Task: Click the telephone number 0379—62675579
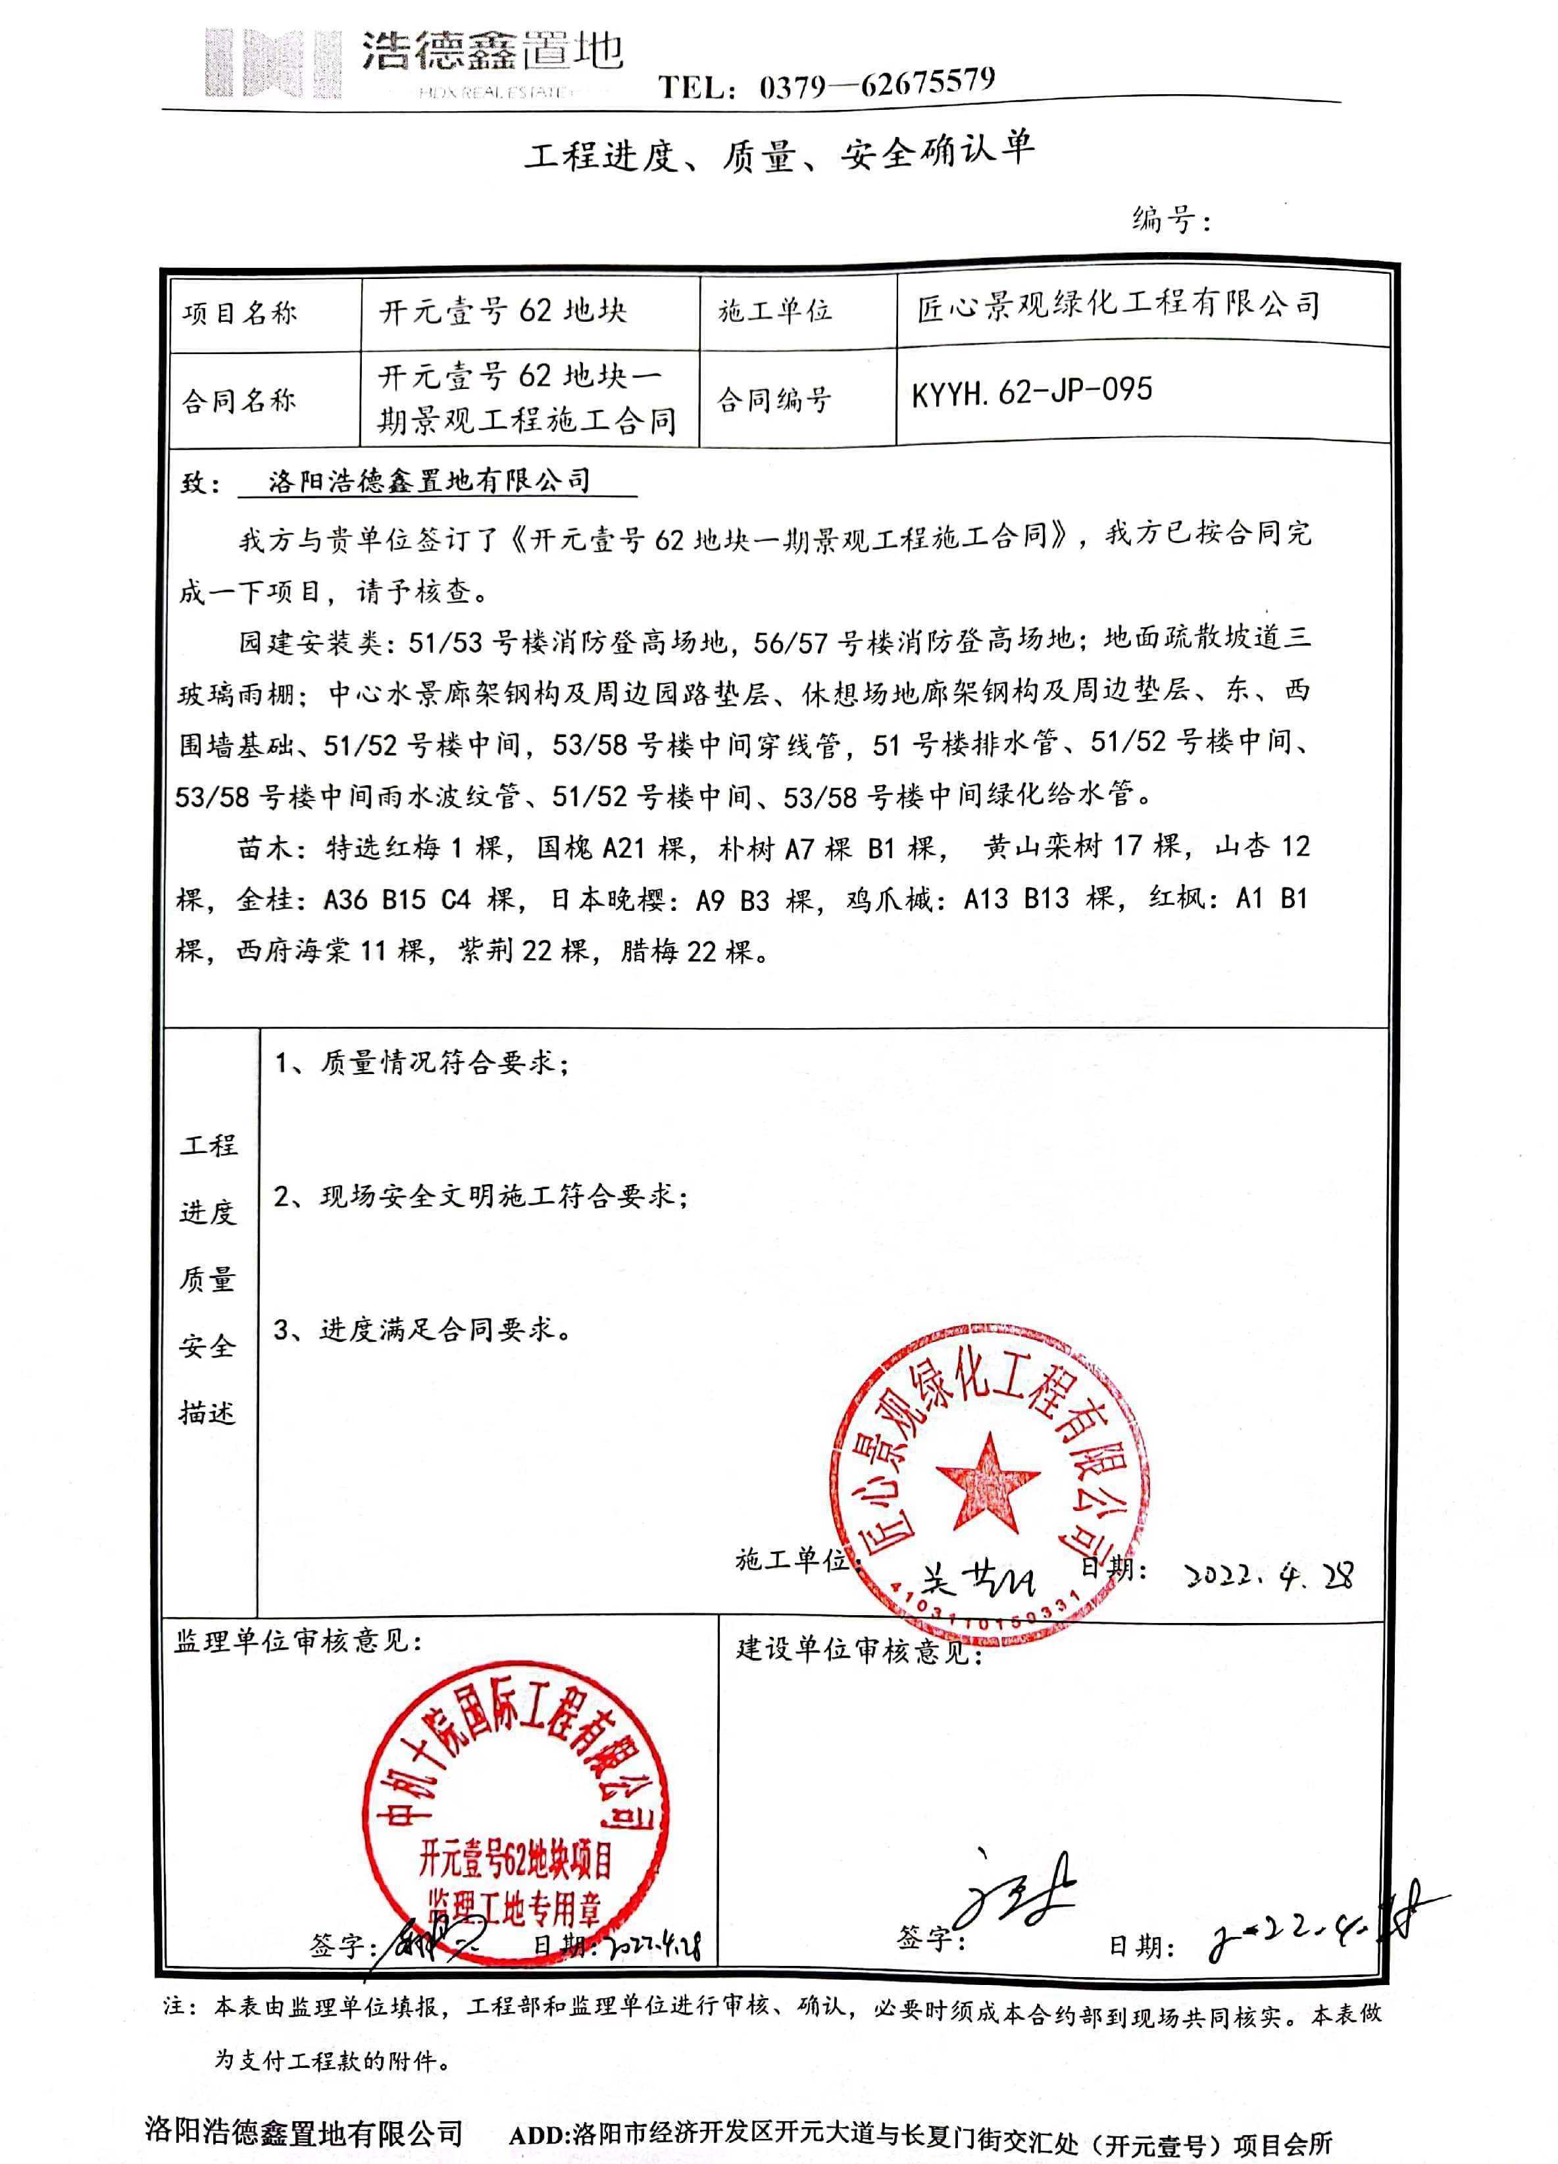(x=877, y=85)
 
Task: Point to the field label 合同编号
(x=774, y=399)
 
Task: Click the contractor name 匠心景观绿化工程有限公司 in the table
(x=1118, y=305)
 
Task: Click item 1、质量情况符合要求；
(x=422, y=1063)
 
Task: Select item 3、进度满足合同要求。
(x=422, y=1329)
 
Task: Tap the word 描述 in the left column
(x=207, y=1412)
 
